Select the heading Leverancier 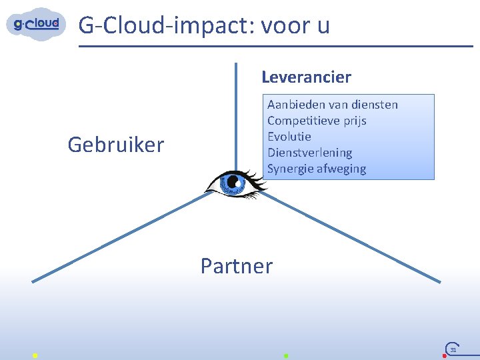click(306, 77)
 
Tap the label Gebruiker click(116, 145)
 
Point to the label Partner click(237, 266)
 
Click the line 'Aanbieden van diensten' click(332, 105)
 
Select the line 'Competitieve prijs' click(317, 121)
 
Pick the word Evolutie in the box click(289, 137)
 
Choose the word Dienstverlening click(309, 153)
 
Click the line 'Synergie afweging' click(317, 169)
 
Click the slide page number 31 click(453, 349)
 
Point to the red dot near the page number click(445, 356)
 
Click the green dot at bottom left click(35, 355)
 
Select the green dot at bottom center click(285, 355)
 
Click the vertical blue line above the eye click(235, 113)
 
